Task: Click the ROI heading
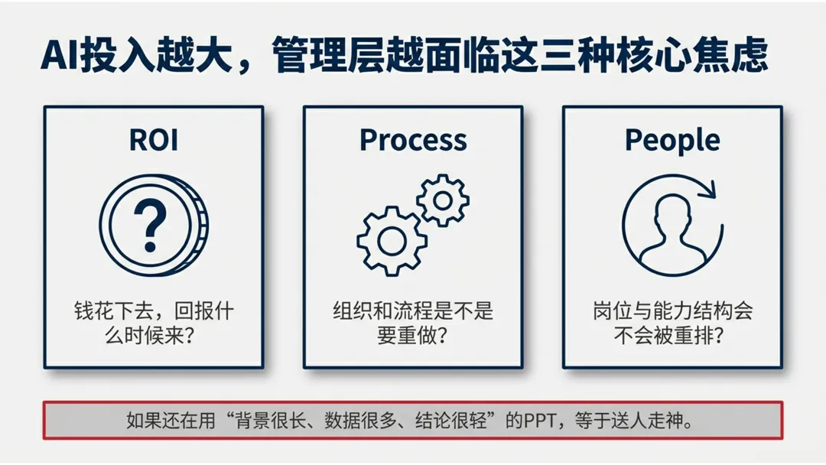point(153,140)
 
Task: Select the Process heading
point(413,140)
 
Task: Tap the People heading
point(672,140)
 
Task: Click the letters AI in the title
point(59,57)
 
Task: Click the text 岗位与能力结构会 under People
point(672,311)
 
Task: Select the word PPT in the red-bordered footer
point(540,421)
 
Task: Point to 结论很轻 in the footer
point(445,421)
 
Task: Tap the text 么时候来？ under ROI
point(153,336)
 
